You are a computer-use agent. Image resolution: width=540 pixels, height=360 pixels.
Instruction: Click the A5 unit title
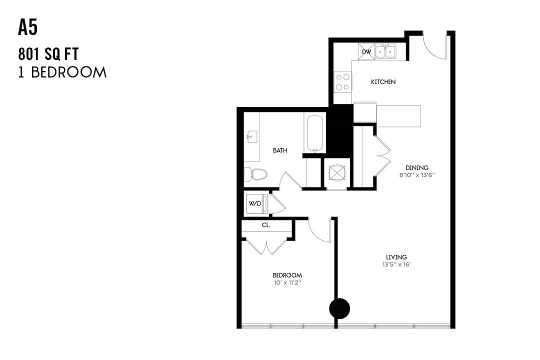tap(28, 28)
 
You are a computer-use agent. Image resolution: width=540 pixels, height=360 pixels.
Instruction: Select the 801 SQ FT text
tap(48, 53)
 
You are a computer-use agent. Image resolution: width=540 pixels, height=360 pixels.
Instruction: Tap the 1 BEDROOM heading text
tap(62, 72)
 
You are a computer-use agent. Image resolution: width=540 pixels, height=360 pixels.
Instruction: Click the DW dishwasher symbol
tap(366, 51)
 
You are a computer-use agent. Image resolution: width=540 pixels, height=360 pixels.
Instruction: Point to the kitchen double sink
tap(385, 51)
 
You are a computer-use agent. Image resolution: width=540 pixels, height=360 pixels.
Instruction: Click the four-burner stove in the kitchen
tap(343, 82)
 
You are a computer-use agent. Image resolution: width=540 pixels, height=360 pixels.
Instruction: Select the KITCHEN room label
tap(383, 81)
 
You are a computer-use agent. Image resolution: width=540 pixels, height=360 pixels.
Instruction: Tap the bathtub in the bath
tap(314, 133)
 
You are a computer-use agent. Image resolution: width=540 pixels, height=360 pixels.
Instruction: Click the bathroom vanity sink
tap(251, 135)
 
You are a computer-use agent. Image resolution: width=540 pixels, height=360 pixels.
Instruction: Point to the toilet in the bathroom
tap(255, 174)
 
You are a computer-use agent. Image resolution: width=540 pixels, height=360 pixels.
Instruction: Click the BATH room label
tap(280, 150)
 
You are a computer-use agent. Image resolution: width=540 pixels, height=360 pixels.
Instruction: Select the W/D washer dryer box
tap(255, 203)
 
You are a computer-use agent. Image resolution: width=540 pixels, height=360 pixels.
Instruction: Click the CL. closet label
tap(266, 225)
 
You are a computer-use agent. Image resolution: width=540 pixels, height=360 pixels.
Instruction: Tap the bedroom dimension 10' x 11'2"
tap(287, 282)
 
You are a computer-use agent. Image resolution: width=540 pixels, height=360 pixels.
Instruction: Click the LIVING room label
tap(396, 257)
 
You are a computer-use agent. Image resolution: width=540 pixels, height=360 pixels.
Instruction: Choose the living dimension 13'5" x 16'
tap(396, 264)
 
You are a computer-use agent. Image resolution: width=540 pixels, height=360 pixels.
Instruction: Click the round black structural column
tap(339, 308)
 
